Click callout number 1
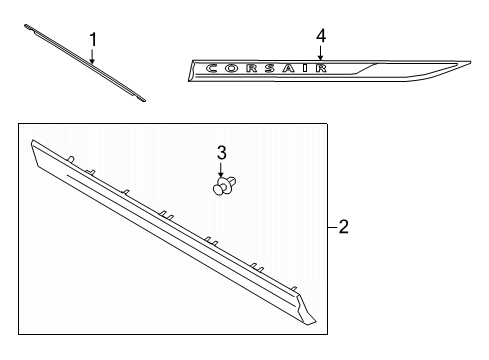93,40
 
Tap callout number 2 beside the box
344,227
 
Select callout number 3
222,153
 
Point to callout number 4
321,36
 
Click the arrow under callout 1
92,56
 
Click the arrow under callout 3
221,169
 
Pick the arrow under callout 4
320,53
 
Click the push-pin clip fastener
224,186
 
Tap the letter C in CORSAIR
212,69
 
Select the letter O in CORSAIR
232,68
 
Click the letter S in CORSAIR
270,68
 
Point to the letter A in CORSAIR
289,68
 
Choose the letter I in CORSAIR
305,68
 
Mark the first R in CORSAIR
251,68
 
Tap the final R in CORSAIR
321,68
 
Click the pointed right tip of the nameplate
470,62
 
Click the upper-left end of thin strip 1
26,25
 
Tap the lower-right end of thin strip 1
144,100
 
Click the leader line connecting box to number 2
332,227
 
